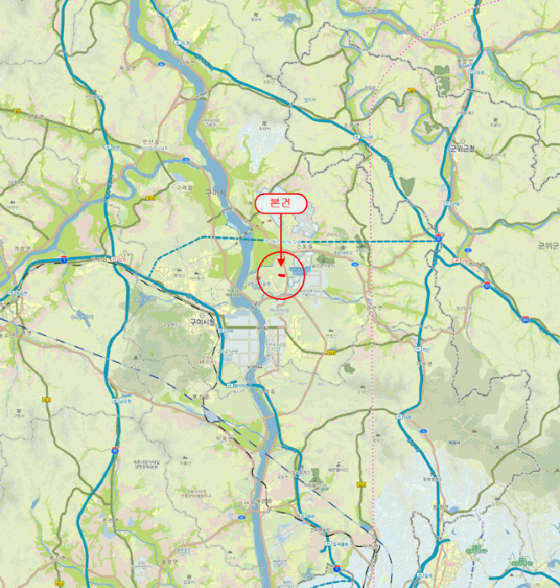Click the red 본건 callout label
click(280, 202)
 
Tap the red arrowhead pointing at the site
click(281, 250)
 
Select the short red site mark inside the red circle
click(280, 273)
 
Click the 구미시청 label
click(202, 321)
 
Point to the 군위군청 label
click(462, 149)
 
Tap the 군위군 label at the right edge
click(547, 245)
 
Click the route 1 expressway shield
click(63, 259)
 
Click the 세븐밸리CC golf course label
click(335, 470)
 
